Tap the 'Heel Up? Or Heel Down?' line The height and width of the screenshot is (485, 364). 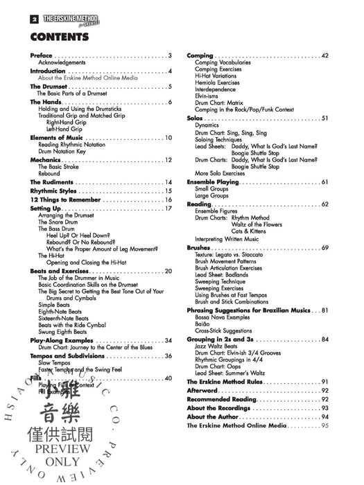(x=77, y=236)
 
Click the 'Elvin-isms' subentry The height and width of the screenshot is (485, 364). (x=208, y=95)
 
